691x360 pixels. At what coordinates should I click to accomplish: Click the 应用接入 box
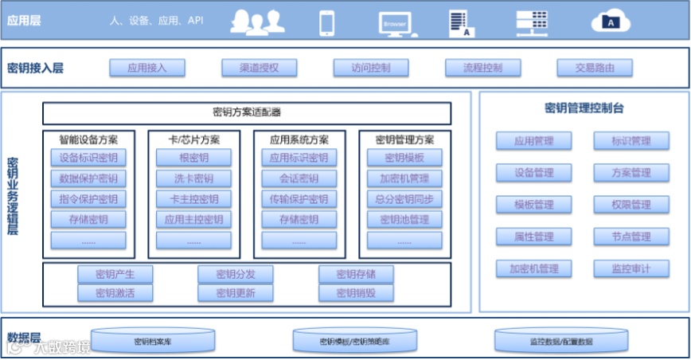(x=146, y=68)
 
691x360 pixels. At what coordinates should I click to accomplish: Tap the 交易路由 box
(x=595, y=68)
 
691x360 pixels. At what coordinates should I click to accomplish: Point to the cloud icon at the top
(x=611, y=22)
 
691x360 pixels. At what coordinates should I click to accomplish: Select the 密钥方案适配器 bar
(x=247, y=112)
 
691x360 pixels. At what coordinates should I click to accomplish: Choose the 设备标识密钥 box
(x=88, y=158)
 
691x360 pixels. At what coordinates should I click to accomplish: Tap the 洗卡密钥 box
(x=193, y=178)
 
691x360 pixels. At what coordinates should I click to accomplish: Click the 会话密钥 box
(x=299, y=178)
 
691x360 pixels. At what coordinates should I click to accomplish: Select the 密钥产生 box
(x=115, y=275)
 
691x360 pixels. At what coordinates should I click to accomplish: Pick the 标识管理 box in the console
(x=631, y=142)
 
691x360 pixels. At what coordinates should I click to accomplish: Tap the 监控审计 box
(x=631, y=268)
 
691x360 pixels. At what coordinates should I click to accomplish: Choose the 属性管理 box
(x=533, y=237)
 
